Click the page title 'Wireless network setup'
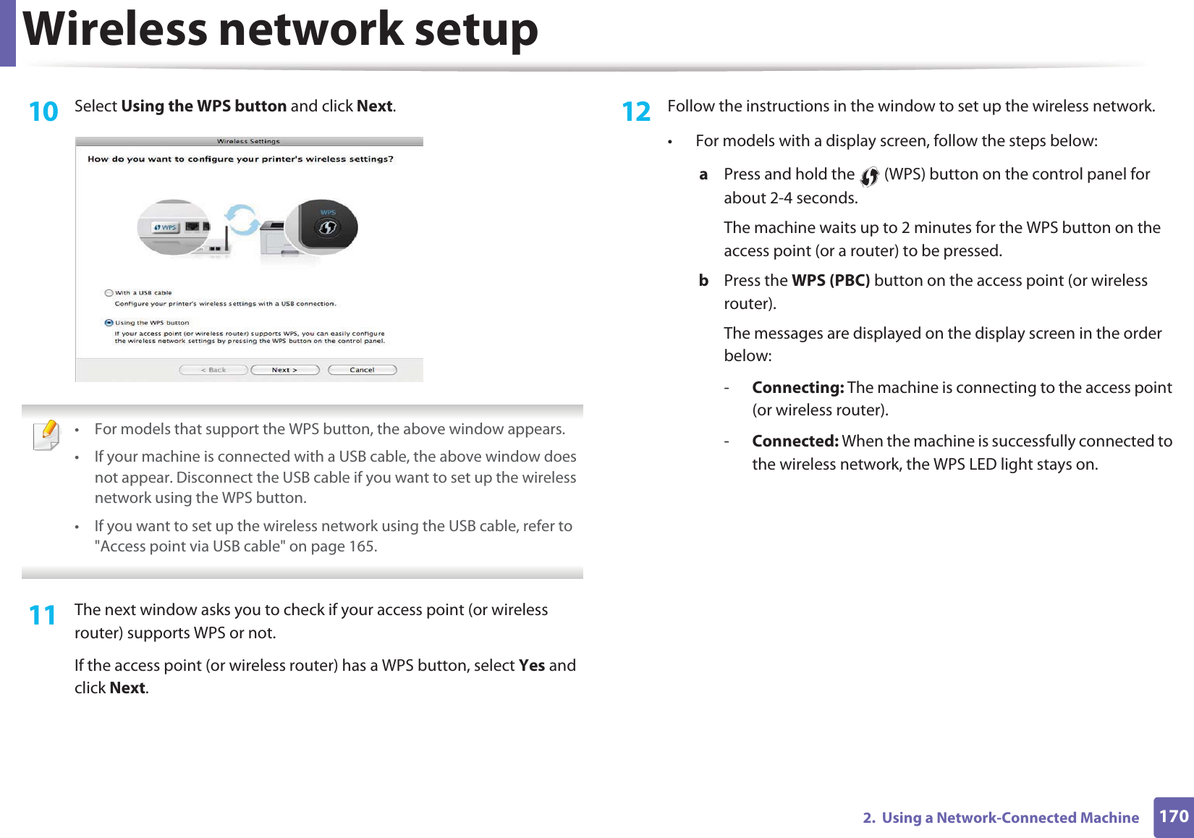[281, 30]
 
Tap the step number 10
[43, 112]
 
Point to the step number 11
[43, 616]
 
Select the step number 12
[636, 112]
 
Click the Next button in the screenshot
[285, 370]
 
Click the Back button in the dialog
[213, 370]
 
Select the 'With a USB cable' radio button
[109, 293]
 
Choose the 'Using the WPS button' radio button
[109, 323]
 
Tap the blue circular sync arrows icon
[242, 219]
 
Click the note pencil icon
[47, 435]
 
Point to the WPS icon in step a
[869, 176]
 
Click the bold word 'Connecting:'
[797, 388]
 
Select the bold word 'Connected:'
[795, 441]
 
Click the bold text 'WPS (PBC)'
[831, 281]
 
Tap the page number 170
[1173, 817]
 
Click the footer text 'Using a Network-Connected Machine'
[1010, 818]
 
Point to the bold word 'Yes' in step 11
[532, 666]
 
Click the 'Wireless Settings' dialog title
[248, 142]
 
